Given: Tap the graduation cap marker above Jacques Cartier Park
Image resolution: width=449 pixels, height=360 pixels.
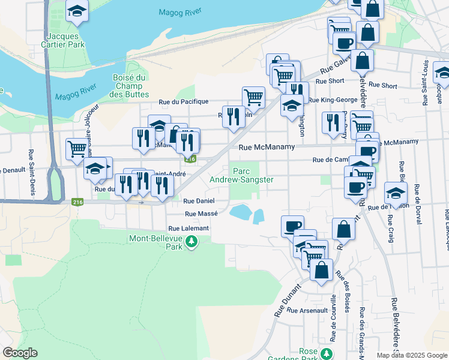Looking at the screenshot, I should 77,11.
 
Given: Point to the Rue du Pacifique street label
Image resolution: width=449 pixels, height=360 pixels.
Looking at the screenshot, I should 183,102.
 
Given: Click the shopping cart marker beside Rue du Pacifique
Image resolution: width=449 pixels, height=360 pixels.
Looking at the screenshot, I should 254,95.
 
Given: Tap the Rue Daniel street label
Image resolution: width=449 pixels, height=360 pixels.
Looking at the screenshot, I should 198,202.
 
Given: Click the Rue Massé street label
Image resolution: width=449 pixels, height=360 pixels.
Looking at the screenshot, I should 201,214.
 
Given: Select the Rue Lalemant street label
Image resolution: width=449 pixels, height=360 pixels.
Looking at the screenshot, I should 188,229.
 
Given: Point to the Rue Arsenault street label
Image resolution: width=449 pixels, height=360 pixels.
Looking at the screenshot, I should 306,310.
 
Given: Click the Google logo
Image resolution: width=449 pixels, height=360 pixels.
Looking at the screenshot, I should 20,353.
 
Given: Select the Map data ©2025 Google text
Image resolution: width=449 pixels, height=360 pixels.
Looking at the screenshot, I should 412,355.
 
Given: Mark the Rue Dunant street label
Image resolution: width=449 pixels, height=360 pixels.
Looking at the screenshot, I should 288,299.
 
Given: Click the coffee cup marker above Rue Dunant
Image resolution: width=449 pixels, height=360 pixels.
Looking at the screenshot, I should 292,225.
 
